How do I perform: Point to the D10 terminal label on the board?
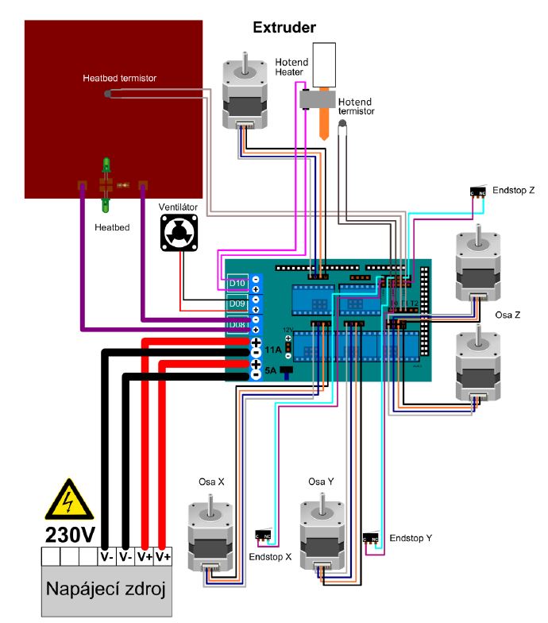coord(237,284)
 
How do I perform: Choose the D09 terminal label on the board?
coord(237,304)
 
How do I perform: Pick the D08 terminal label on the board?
coord(237,325)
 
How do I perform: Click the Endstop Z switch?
coord(479,192)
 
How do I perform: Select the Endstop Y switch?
coord(371,537)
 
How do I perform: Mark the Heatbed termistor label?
coord(119,79)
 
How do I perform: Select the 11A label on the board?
coord(273,350)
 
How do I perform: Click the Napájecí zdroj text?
coord(106,590)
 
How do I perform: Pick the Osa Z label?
coord(507,315)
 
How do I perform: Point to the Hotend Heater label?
coord(291,68)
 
